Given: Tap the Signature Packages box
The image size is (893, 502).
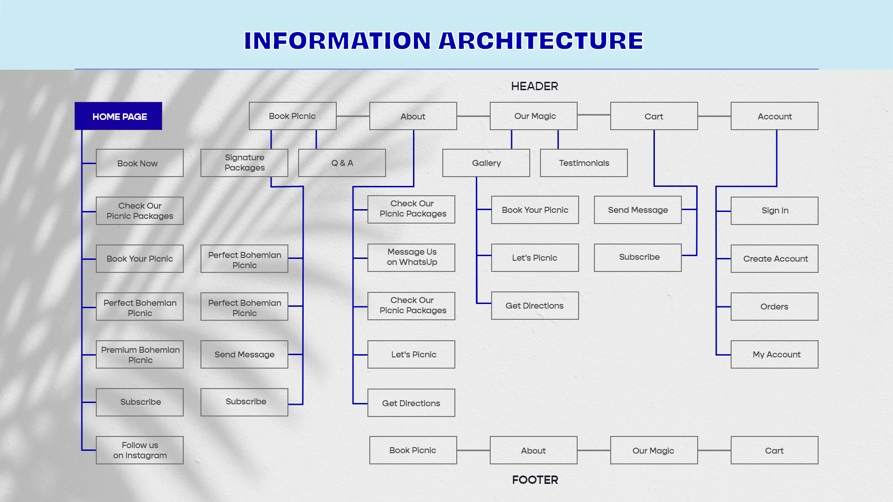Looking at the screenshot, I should coord(244,163).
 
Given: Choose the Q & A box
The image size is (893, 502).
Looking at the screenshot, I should coord(342,163).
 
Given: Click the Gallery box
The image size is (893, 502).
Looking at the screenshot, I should coord(486,163).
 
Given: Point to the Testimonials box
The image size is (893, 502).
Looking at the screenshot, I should coord(584,163).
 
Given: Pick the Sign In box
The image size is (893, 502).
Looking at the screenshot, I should coord(774,211).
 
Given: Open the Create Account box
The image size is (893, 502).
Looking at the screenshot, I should coord(774,258).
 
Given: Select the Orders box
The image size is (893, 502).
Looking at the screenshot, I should coord(774,306).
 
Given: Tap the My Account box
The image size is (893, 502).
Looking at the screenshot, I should coord(774,354).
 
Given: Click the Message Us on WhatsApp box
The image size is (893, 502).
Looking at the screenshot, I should coord(411,258).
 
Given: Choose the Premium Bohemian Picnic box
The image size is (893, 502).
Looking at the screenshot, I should coord(140,355).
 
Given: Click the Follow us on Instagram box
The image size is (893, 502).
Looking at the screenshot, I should coord(140,450).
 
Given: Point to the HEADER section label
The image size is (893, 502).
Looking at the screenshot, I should coord(534,86).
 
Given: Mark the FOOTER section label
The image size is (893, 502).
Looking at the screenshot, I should coord(535,480).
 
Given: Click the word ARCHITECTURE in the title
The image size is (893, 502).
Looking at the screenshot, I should coord(541,41).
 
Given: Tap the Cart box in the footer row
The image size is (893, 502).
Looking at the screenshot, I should coord(774,450).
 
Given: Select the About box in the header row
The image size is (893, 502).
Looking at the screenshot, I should coord(413,116).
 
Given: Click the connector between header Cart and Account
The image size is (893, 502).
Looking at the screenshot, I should coord(714,116).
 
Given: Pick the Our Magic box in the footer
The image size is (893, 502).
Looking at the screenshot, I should coord(654,450).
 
